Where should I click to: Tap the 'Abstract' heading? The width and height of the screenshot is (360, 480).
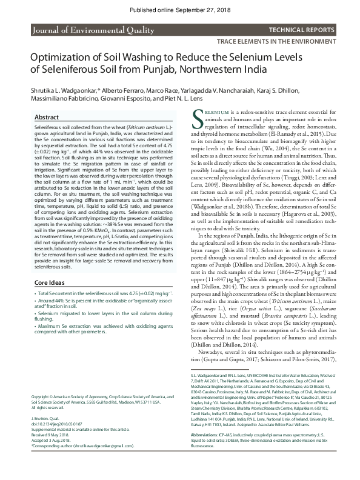pos(47,117)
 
